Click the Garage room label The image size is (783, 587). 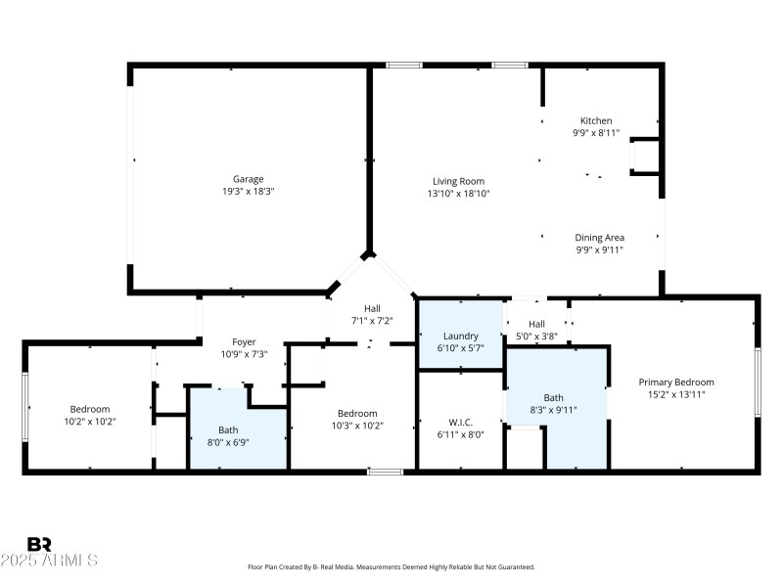pyautogui.click(x=248, y=179)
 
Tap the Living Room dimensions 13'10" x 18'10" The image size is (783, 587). pyautogui.click(x=458, y=194)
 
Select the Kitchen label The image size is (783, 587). pyautogui.click(x=596, y=120)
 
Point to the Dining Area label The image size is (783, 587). pyautogui.click(x=599, y=237)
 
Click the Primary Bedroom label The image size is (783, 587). pyautogui.click(x=676, y=382)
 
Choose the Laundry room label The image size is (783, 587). pyautogui.click(x=460, y=336)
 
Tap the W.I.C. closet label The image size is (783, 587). pyautogui.click(x=460, y=423)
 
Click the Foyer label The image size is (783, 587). pyautogui.click(x=244, y=341)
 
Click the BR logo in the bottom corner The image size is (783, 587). pyautogui.click(x=40, y=544)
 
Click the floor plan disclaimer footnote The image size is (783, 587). pyautogui.click(x=391, y=566)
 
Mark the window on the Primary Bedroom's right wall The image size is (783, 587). pyautogui.click(x=757, y=383)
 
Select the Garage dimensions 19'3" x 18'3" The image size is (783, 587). pyautogui.click(x=248, y=192)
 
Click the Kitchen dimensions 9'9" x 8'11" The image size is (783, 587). pyautogui.click(x=596, y=133)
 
